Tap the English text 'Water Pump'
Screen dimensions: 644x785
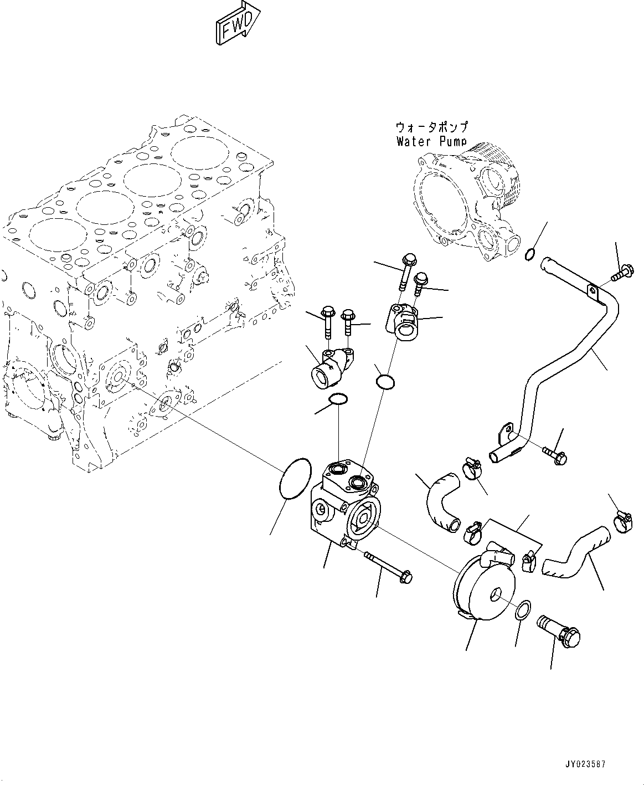(x=431, y=141)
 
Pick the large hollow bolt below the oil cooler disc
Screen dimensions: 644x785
(x=559, y=632)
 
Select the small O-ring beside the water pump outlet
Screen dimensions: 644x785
(x=530, y=255)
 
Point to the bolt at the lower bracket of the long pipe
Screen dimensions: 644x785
(x=555, y=455)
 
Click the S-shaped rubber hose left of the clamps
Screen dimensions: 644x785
(x=442, y=502)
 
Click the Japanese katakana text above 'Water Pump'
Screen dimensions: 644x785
(x=431, y=127)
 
